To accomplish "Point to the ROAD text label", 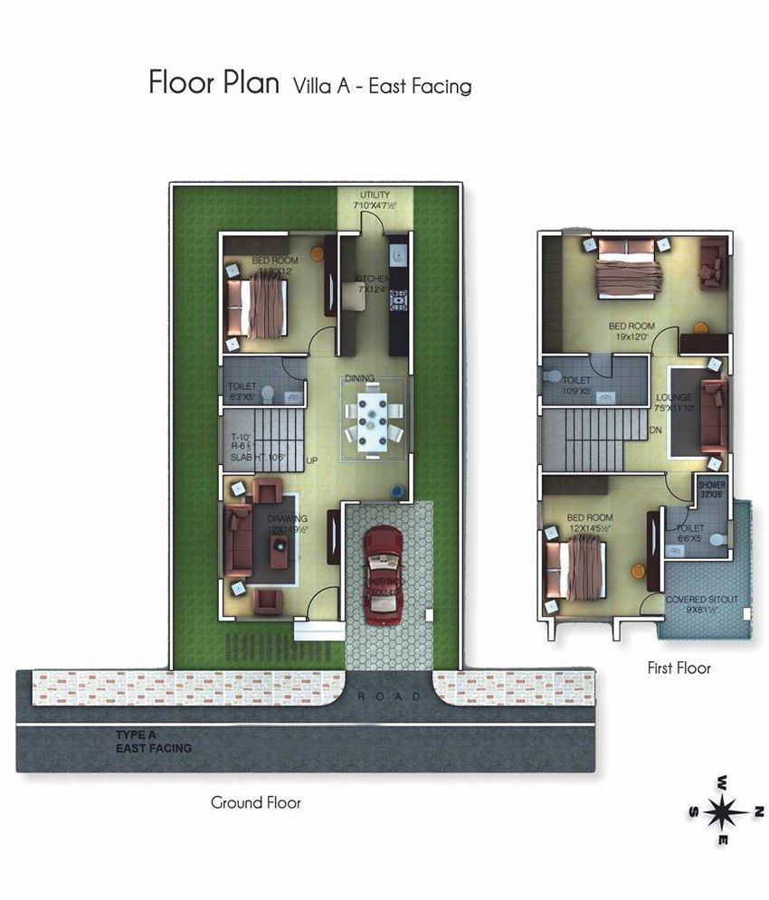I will pyautogui.click(x=389, y=696).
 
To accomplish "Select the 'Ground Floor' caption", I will pyautogui.click(x=255, y=802).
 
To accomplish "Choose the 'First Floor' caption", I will pyautogui.click(x=679, y=668).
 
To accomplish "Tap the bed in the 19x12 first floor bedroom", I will pyautogui.click(x=628, y=268).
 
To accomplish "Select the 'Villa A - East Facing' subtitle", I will pyautogui.click(x=382, y=86).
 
